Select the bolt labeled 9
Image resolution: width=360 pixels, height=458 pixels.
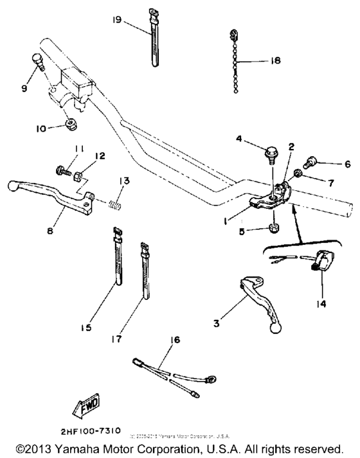pos(37,63)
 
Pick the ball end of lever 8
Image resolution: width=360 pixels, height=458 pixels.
pos(12,186)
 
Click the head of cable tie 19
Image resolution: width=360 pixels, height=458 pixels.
pos(152,12)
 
